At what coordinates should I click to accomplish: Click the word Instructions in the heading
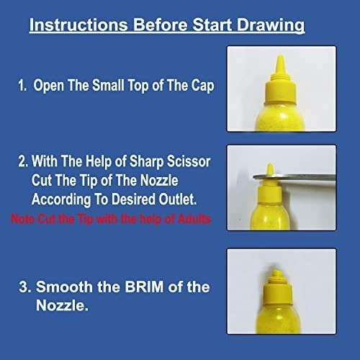[78, 25]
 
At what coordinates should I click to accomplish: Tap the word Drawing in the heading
[271, 26]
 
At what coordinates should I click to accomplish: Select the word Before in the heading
[160, 24]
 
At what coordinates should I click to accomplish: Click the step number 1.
[22, 86]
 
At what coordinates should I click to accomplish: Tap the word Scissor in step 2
[189, 161]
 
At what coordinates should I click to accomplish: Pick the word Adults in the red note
[194, 219]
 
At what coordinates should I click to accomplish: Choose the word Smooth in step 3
[64, 287]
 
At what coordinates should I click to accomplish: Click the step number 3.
[24, 287]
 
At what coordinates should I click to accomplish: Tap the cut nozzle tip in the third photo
[276, 274]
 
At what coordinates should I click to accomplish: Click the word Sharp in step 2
[146, 162]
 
